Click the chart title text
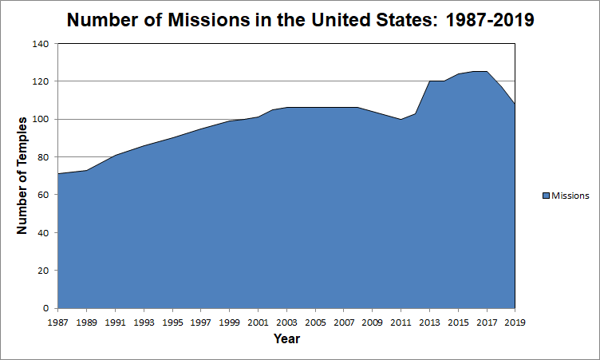click(300, 20)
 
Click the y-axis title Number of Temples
click(22, 175)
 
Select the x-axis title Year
click(286, 338)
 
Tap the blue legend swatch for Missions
click(546, 196)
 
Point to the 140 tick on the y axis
click(40, 44)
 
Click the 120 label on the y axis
click(40, 81)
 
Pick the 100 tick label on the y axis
click(40, 120)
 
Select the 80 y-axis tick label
click(42, 157)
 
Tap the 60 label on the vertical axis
click(42, 195)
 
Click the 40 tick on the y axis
click(42, 233)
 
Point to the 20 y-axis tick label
click(42, 271)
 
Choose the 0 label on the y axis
click(45, 308)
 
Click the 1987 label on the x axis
click(58, 322)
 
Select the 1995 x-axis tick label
click(172, 322)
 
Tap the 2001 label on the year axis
click(258, 322)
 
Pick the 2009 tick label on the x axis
click(372, 322)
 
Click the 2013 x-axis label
click(429, 322)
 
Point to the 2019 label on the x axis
click(515, 322)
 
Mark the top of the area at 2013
click(429, 81)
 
